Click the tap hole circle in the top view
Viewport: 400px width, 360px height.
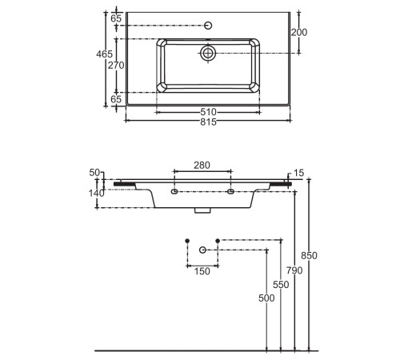[x=208, y=26]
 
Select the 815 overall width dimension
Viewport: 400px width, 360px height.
[x=208, y=122]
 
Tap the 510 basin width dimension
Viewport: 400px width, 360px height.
[x=208, y=112]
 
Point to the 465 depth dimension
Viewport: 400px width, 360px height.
[x=104, y=54]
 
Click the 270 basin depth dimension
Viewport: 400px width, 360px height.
[x=116, y=65]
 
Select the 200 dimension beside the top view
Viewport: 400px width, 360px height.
[x=299, y=32]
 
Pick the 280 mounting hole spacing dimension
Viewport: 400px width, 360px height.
[x=202, y=166]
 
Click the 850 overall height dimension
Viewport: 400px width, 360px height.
[x=309, y=255]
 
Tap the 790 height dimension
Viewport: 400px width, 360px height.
[x=294, y=270]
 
